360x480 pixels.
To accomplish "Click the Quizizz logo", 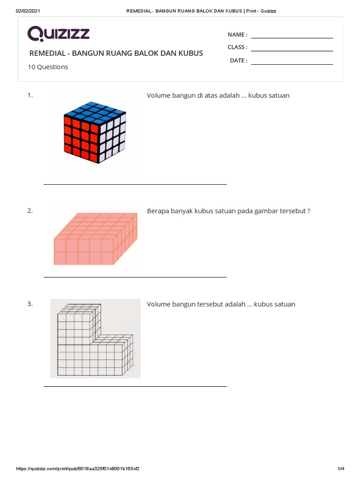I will point(59,34).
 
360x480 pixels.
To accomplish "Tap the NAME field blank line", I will point(292,37).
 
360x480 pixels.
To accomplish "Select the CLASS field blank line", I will point(292,50).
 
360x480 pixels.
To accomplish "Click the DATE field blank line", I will point(292,64).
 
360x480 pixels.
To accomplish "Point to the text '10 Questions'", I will point(48,67).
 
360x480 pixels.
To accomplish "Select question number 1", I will point(30,95).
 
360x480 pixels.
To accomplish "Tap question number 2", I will point(30,211).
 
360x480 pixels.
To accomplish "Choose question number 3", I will point(30,304).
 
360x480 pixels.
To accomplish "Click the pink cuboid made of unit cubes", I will point(96,239).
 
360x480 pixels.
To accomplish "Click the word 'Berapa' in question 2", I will point(157,211).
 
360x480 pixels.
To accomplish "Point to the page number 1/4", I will point(341,469).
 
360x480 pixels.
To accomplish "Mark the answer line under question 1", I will point(135,184).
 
